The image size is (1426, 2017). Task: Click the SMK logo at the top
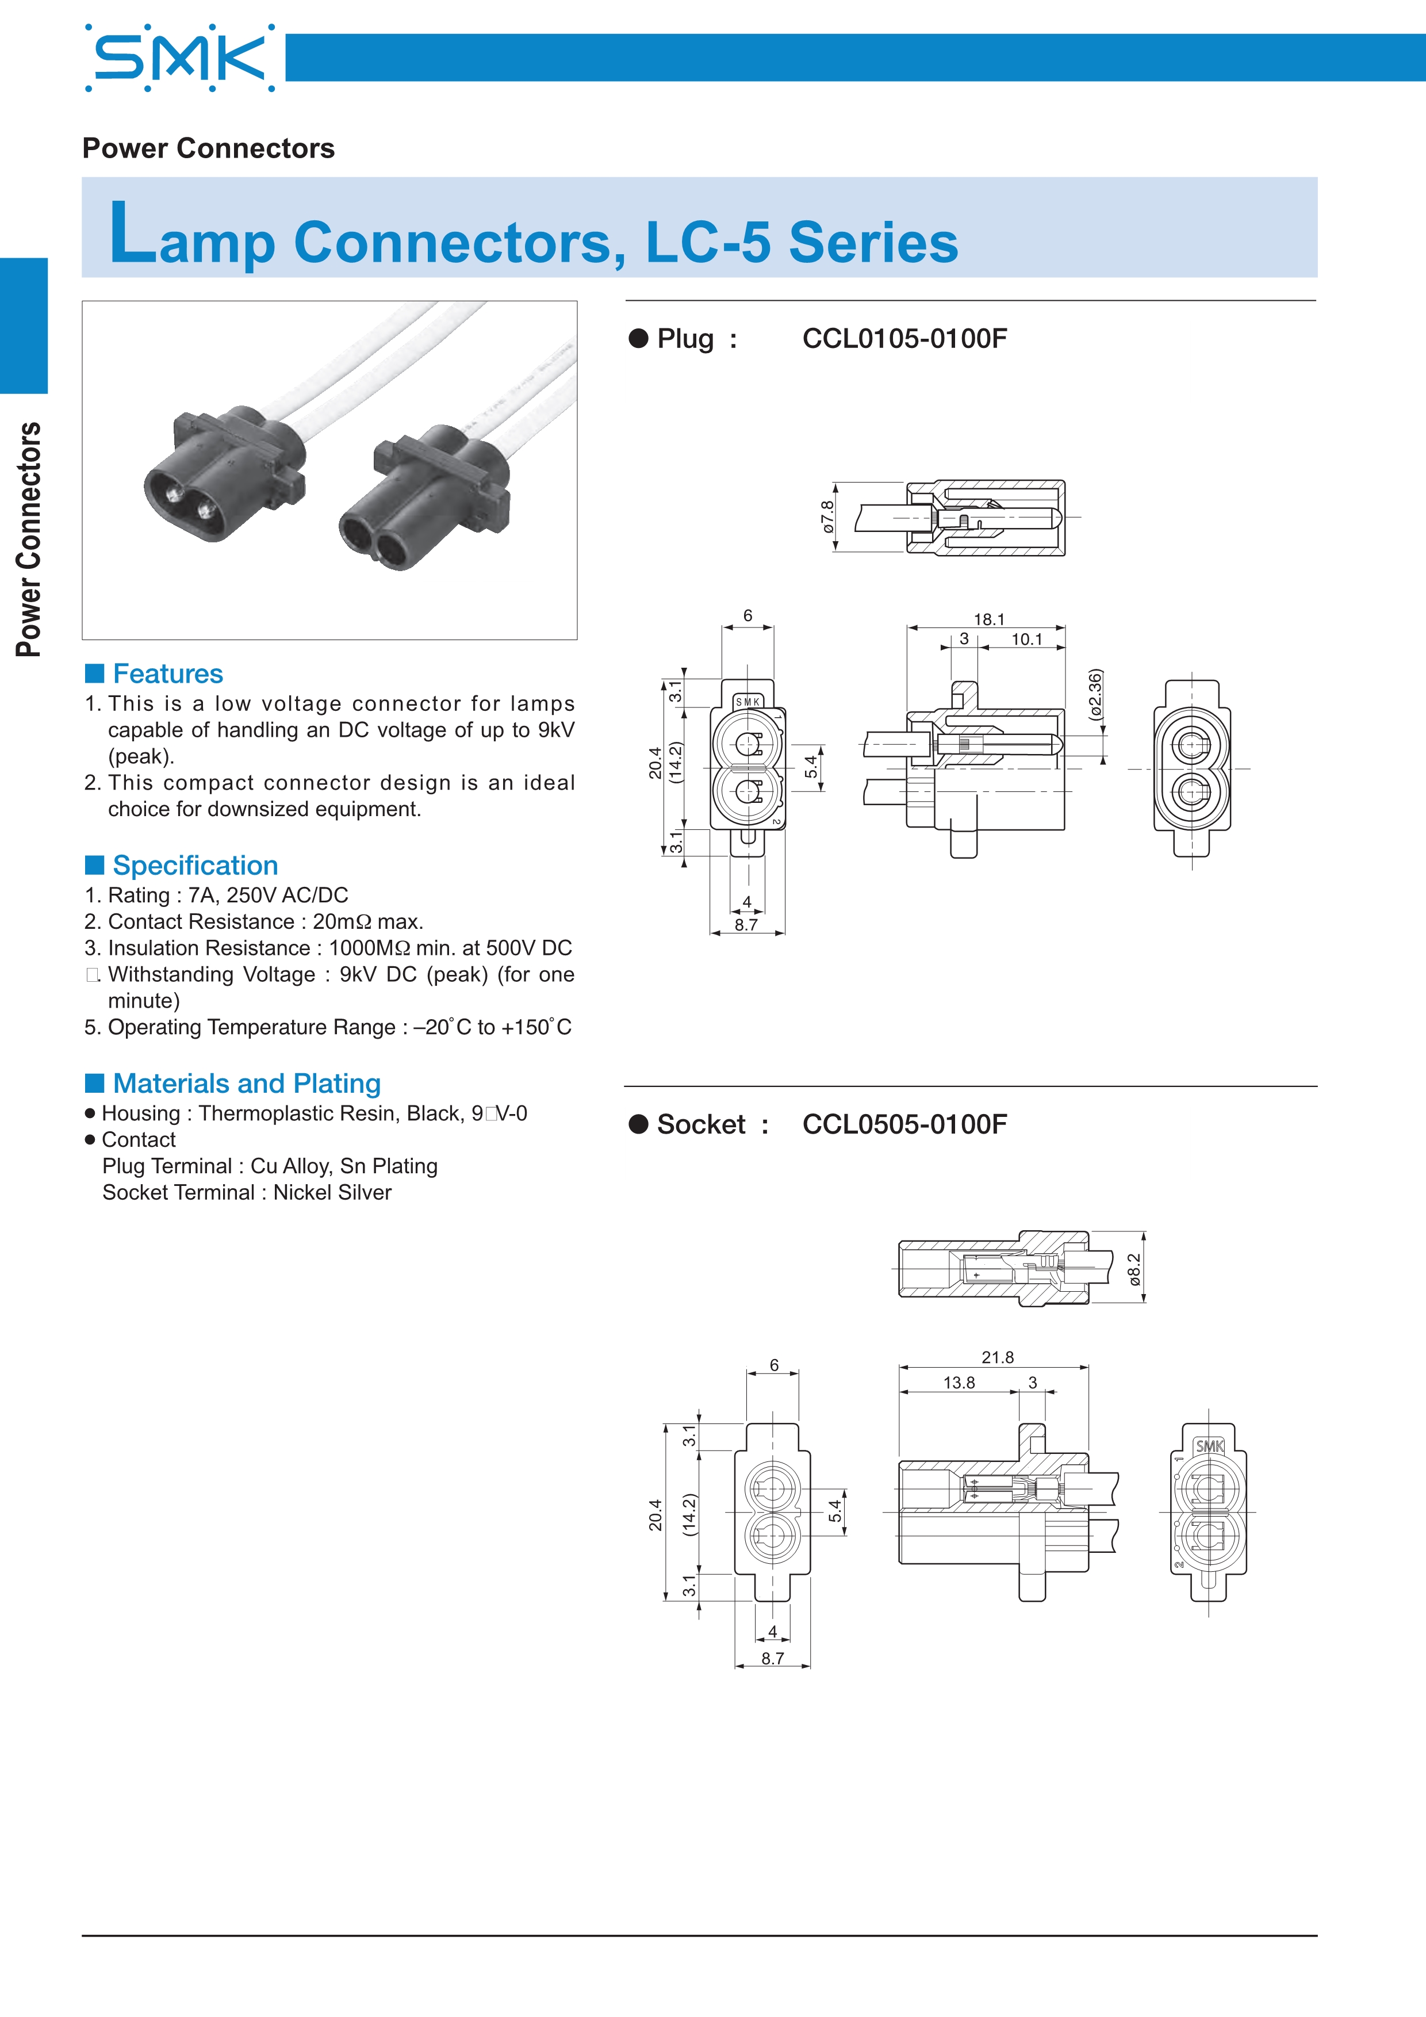[180, 58]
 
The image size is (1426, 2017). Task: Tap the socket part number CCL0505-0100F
[904, 1124]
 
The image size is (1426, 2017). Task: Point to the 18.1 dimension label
[989, 619]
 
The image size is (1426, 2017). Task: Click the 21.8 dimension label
[998, 1357]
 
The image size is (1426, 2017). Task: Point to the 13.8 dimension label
[959, 1383]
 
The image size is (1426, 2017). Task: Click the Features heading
[168, 674]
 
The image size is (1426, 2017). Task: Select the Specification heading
[195, 866]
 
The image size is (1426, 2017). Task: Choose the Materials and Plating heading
[247, 1083]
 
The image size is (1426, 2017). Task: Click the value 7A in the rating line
[202, 895]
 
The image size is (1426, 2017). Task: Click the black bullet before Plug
[638, 338]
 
